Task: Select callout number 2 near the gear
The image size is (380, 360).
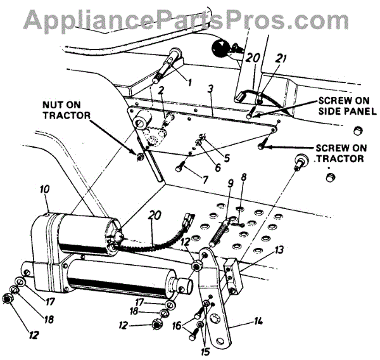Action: (162, 89)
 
